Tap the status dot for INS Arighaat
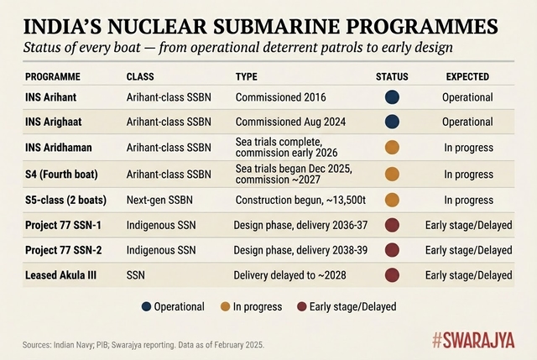tap(392, 122)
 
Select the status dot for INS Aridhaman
tap(392, 148)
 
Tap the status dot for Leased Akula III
tap(392, 274)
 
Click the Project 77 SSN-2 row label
tap(65, 250)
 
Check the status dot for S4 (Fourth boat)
tap(392, 175)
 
